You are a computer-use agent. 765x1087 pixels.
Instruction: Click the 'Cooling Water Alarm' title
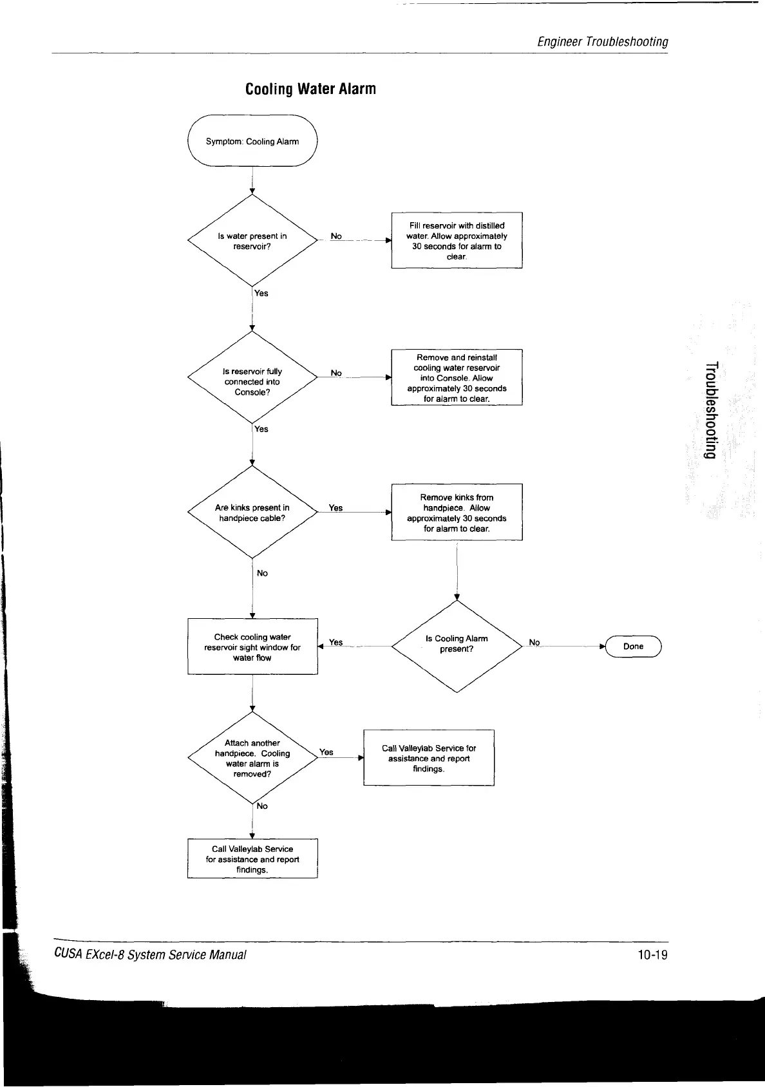(x=310, y=89)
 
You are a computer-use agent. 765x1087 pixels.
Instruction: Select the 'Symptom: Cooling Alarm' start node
(x=252, y=141)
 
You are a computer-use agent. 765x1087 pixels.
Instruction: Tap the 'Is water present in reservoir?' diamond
(x=252, y=241)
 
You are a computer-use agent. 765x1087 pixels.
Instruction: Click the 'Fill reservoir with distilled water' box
(x=457, y=240)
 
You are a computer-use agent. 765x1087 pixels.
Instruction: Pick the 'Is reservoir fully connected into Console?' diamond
(x=252, y=381)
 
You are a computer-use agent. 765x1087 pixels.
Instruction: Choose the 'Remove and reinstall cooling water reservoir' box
(x=457, y=377)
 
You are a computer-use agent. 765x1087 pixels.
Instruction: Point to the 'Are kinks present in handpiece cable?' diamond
(x=252, y=513)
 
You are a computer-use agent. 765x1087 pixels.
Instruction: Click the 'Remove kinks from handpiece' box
(x=457, y=513)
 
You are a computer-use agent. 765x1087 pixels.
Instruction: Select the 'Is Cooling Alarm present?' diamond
(x=457, y=644)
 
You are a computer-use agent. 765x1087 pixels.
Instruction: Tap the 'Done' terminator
(x=633, y=646)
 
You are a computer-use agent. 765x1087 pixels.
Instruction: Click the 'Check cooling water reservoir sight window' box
(x=252, y=647)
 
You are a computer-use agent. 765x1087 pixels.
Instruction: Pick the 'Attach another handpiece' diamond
(x=252, y=758)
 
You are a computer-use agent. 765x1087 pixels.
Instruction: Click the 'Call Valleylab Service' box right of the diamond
(x=429, y=758)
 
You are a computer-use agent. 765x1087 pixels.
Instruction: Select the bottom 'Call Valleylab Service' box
(x=252, y=859)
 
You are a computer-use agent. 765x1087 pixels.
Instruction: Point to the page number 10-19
(x=652, y=954)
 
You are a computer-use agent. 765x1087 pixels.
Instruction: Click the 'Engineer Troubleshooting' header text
(x=603, y=42)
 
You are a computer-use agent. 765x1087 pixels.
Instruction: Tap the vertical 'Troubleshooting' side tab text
(x=710, y=411)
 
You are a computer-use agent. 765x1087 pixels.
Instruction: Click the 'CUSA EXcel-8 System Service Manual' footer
(x=150, y=954)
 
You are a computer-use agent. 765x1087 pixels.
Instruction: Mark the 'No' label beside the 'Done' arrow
(x=534, y=642)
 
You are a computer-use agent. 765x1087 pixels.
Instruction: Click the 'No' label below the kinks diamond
(x=262, y=573)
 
